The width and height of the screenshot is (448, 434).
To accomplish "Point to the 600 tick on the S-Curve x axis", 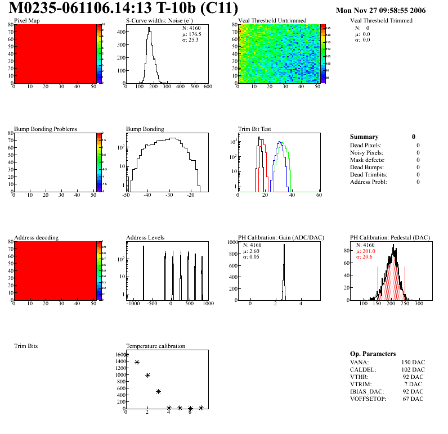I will (x=207, y=87).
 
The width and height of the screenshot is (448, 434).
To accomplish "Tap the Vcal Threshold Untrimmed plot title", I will (x=272, y=20).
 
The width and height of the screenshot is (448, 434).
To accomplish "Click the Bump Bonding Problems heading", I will (x=46, y=129).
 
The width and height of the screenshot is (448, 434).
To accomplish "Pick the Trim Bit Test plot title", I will (x=255, y=129).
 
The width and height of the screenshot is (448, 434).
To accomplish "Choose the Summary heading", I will (x=364, y=137).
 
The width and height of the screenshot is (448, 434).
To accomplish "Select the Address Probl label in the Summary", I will (x=369, y=182).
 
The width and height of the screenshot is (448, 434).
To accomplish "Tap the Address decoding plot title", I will (x=36, y=237).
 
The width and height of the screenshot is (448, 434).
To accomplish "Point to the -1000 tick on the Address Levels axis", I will (x=133, y=304).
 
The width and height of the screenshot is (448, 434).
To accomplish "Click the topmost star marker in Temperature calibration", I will (x=126, y=355).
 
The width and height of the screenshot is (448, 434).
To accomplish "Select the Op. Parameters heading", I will (x=373, y=354).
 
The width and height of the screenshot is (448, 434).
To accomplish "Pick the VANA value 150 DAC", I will (x=413, y=362).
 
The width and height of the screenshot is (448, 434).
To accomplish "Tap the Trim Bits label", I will (x=26, y=346).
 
